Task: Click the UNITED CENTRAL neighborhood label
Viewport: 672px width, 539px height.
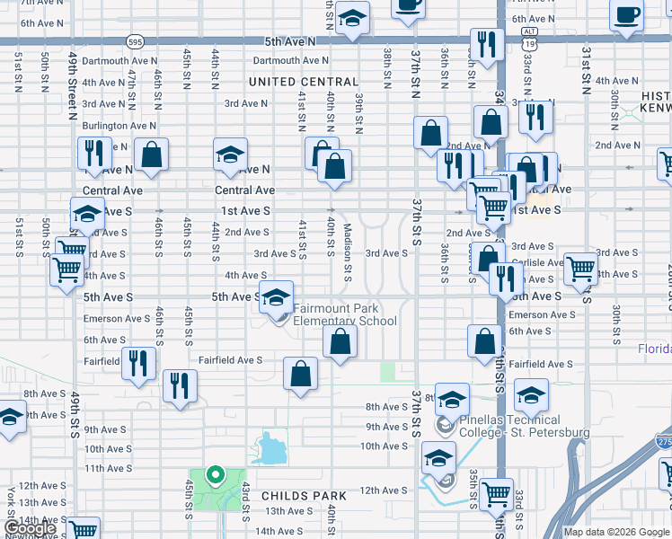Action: coord(304,82)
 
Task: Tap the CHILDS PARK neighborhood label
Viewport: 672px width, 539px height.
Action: coord(304,496)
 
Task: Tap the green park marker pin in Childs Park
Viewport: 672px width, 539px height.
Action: coord(215,475)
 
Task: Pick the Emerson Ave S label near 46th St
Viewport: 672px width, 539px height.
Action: coord(116,319)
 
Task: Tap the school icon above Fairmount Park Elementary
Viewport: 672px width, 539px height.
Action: coord(277,296)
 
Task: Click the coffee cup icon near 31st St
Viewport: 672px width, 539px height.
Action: coord(627,13)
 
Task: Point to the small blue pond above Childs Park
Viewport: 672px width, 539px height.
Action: coord(269,449)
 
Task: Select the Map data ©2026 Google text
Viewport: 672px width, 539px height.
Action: coord(616,532)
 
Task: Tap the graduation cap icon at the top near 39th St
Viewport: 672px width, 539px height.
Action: coord(352,18)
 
